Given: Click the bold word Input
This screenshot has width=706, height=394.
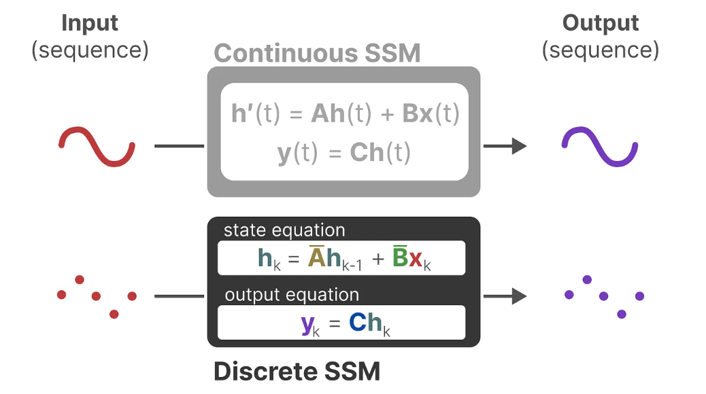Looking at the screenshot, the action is [90, 23].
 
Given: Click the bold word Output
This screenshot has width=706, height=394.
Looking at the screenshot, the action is [600, 23].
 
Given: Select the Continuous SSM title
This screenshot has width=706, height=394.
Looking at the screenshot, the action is [317, 53].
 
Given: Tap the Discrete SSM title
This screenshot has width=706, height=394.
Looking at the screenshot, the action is [297, 371].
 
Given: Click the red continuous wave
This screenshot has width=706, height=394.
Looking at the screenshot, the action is [97, 147].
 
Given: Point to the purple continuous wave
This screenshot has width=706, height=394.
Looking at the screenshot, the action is [600, 147].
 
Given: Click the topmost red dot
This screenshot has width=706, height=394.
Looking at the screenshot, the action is [80, 280].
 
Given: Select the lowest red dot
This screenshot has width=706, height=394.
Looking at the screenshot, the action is [114, 314].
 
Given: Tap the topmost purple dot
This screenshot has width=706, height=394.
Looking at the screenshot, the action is [587, 280].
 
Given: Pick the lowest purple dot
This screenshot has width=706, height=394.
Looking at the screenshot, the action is [622, 314].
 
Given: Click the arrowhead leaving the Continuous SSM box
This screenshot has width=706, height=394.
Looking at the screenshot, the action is [520, 146].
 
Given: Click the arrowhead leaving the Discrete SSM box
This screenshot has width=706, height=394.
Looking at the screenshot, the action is [520, 296].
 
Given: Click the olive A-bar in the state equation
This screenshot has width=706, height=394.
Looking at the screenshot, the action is [316, 256].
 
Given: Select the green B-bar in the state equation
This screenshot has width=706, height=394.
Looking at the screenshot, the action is [400, 256].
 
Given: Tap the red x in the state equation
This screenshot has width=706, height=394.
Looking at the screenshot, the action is [416, 259].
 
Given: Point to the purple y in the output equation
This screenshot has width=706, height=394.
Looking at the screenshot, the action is [308, 325].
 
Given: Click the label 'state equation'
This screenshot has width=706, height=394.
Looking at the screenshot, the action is [284, 230].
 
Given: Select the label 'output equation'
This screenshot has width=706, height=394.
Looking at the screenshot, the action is [292, 295].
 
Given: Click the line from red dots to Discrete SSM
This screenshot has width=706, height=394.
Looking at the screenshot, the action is [179, 296].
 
